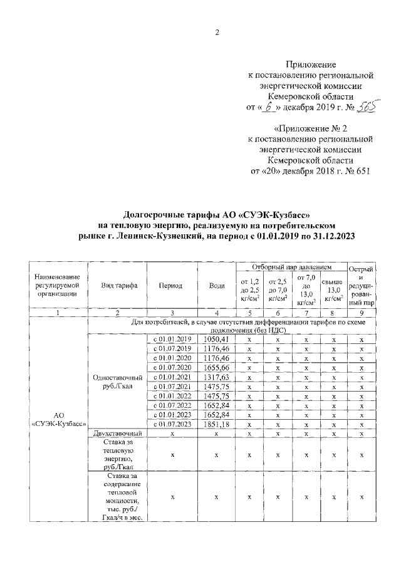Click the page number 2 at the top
(217, 33)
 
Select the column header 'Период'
(170, 285)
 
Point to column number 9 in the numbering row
(362, 312)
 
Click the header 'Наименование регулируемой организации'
(58, 285)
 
